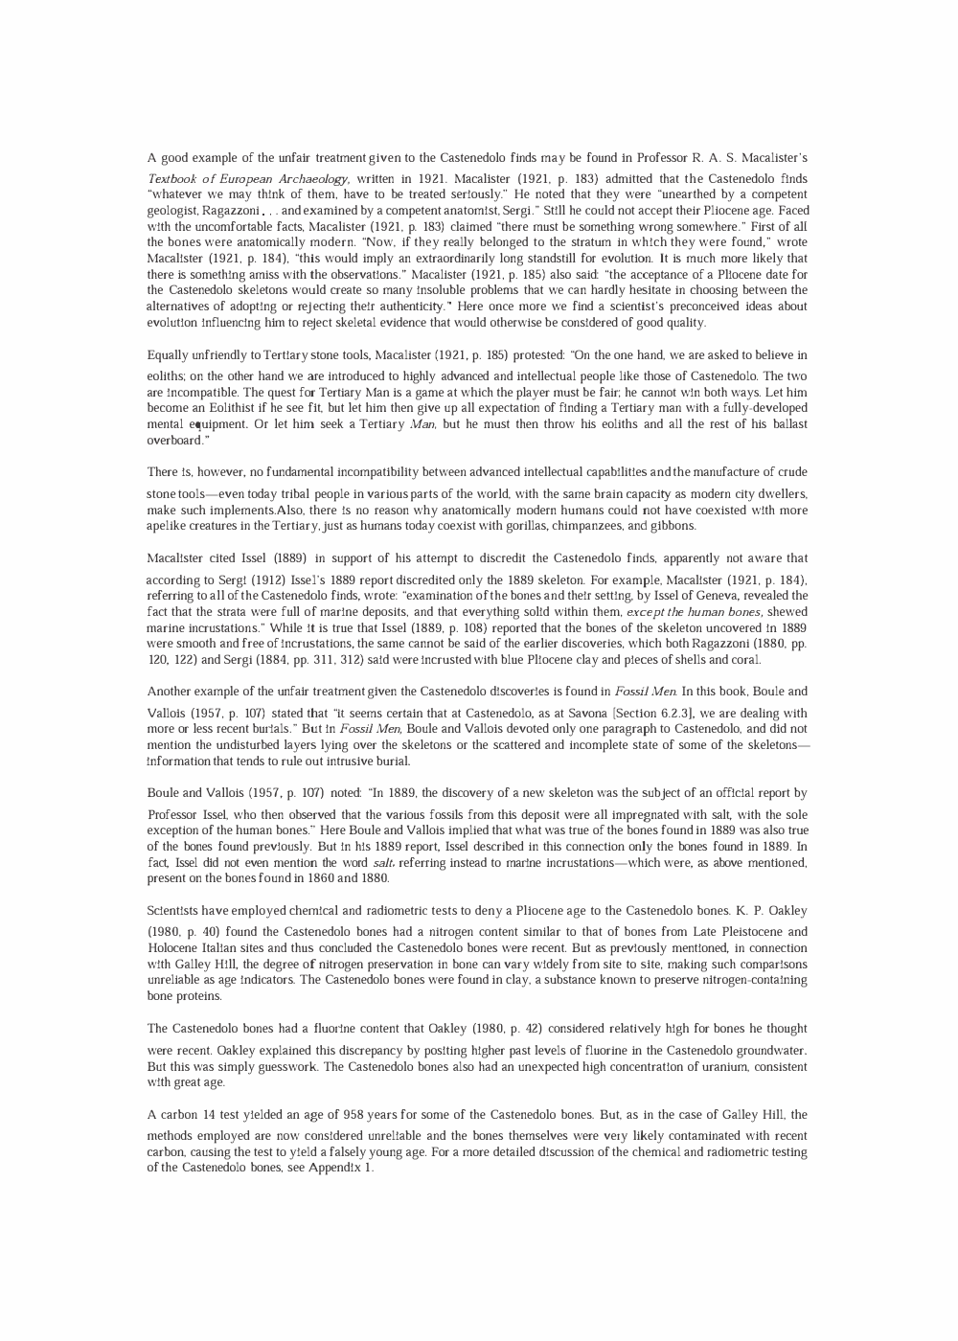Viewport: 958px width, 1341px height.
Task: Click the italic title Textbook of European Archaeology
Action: [x=248, y=179]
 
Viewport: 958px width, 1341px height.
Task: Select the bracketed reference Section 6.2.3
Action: [x=653, y=714]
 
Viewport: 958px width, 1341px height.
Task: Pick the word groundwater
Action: [x=765, y=1051]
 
